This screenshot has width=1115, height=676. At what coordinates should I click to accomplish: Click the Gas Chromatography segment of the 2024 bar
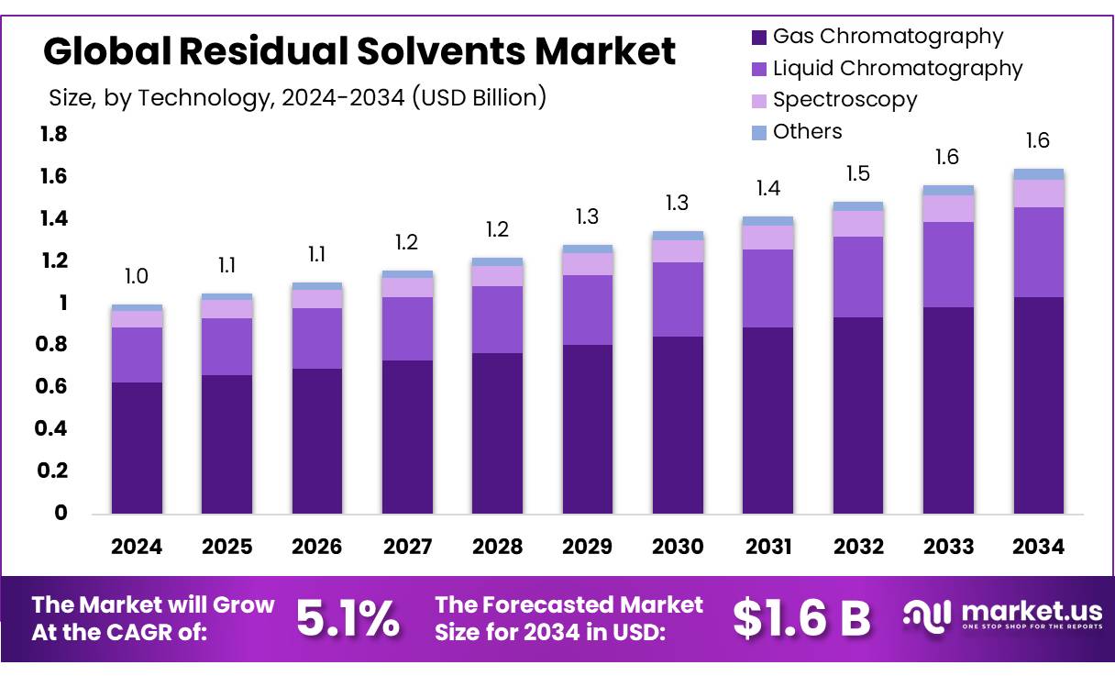pos(137,448)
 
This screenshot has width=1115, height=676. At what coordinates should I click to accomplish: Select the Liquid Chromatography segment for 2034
pos(1038,252)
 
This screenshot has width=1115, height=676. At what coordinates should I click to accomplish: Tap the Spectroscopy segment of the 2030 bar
pos(678,251)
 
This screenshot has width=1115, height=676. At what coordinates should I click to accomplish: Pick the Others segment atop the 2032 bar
pos(858,206)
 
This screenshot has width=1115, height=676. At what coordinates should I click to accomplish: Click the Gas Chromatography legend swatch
pos(758,38)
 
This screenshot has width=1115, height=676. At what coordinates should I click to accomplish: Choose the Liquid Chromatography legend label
pos(897,68)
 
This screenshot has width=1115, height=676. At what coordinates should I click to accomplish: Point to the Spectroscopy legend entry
pos(845,100)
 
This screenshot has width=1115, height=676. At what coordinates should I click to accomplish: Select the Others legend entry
pos(807,131)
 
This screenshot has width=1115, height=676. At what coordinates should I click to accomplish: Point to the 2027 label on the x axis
pos(407,547)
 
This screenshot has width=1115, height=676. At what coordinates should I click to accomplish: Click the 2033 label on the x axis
pos(948,547)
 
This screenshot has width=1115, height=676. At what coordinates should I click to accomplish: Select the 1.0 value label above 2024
pos(137,276)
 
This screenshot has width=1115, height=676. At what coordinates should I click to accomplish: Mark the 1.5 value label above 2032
pos(858,173)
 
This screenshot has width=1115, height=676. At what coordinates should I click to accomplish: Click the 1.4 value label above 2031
pos(768,188)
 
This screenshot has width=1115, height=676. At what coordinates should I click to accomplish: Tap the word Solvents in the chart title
pos(448,51)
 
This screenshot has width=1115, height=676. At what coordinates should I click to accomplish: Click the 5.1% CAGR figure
pos(348,620)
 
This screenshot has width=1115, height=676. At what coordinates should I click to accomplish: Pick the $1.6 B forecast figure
pos(801,620)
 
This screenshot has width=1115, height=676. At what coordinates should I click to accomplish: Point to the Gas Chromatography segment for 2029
pos(588,429)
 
